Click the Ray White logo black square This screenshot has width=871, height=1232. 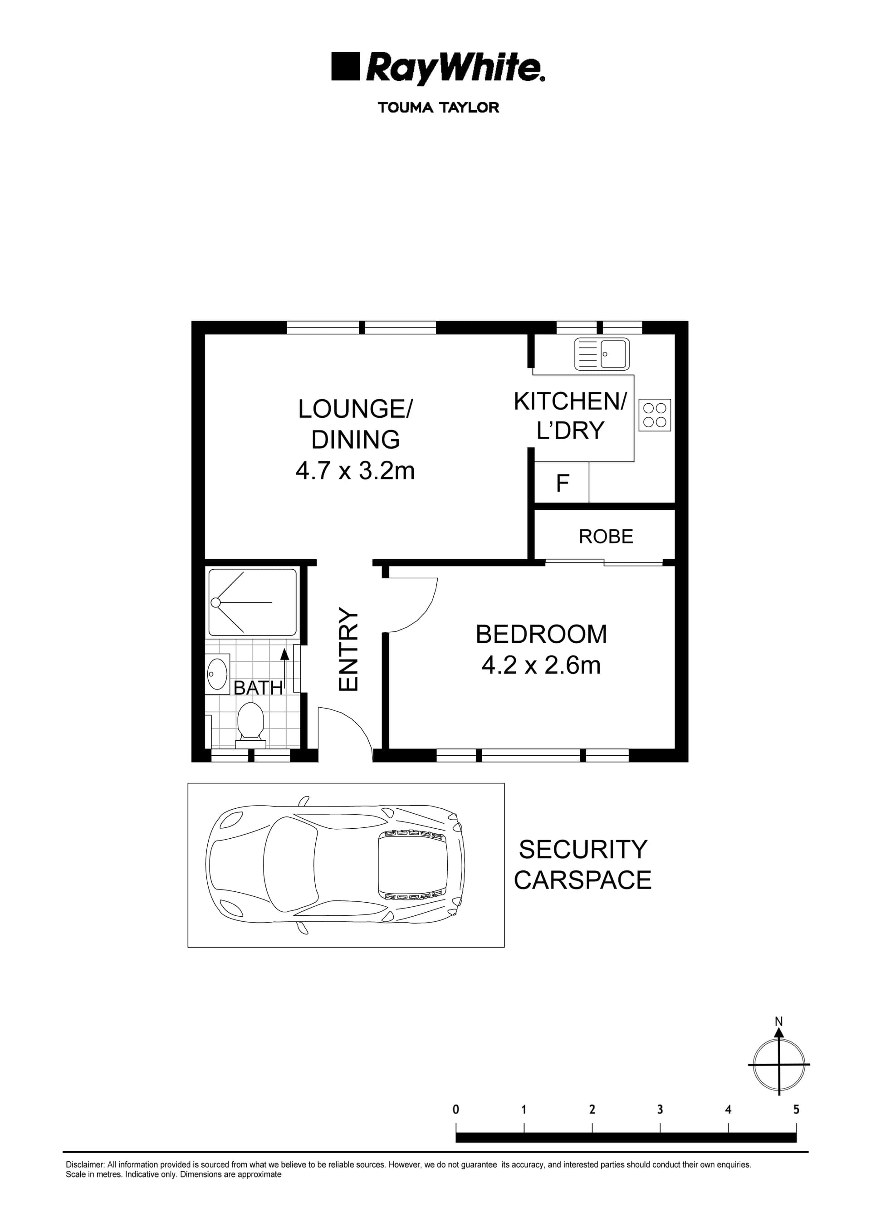pos(344,67)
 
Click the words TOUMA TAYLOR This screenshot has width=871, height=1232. pos(439,108)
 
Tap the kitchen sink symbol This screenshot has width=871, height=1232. pos(602,354)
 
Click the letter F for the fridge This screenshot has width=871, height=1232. pos(562,484)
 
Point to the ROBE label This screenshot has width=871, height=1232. pos(606,537)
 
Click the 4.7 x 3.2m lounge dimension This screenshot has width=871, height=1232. pos(355,471)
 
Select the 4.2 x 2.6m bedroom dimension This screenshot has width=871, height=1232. pos(541,666)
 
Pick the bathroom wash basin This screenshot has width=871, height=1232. pos(217,674)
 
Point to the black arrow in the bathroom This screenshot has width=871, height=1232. pos(284,655)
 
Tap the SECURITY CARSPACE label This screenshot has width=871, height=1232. pos(582,865)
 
